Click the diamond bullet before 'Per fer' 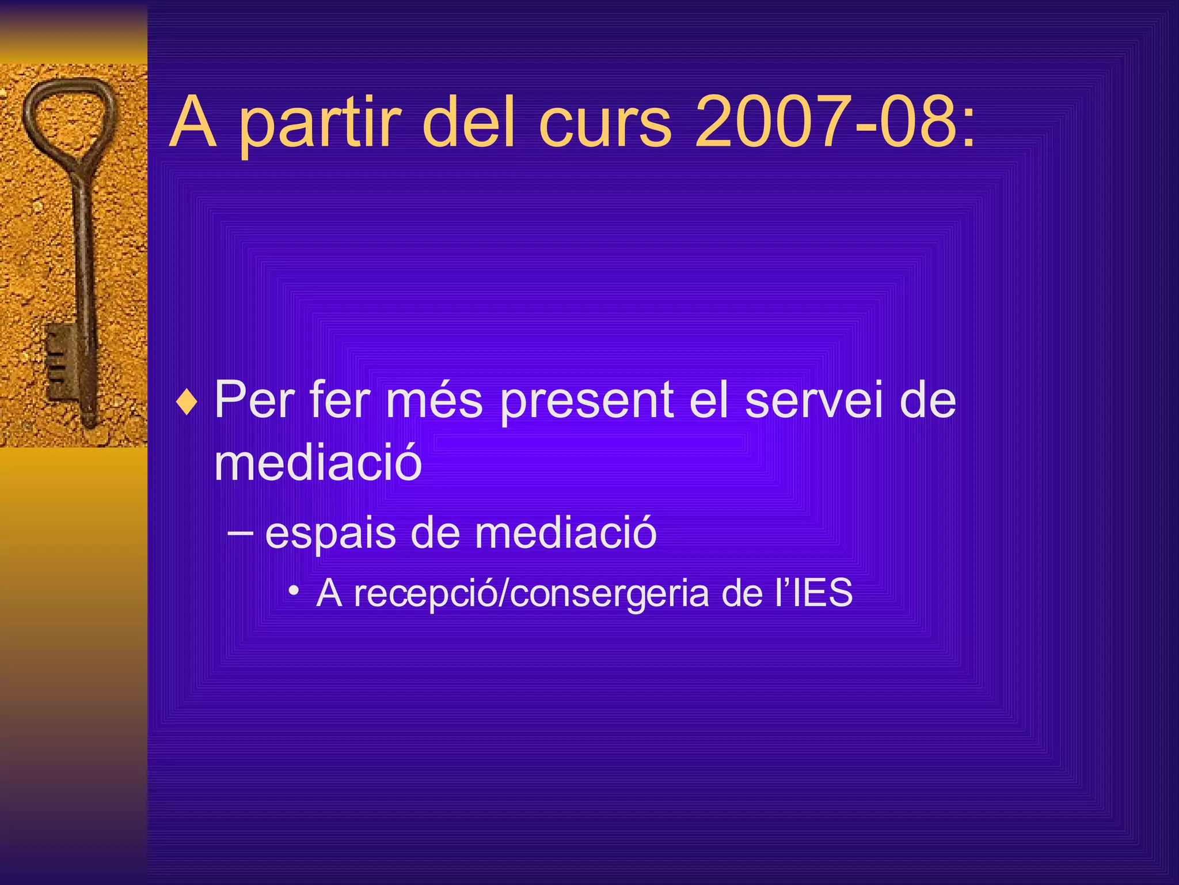(x=187, y=402)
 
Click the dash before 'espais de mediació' (x=239, y=533)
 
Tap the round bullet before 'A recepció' (x=294, y=591)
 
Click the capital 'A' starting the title (x=193, y=122)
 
